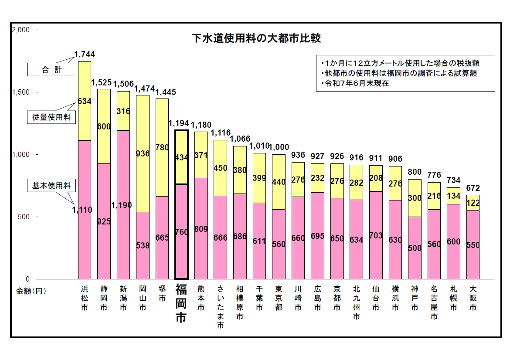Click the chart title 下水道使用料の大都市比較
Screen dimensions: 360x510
(x=256, y=38)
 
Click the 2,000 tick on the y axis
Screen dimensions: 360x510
(x=20, y=30)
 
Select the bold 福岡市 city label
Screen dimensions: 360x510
(x=181, y=303)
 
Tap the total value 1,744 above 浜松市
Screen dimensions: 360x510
(x=84, y=54)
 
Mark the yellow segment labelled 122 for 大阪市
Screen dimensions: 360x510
(x=473, y=203)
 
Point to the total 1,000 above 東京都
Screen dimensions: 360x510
(x=279, y=147)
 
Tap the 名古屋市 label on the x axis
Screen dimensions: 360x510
(x=434, y=303)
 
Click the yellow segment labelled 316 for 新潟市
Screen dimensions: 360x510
(x=123, y=111)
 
